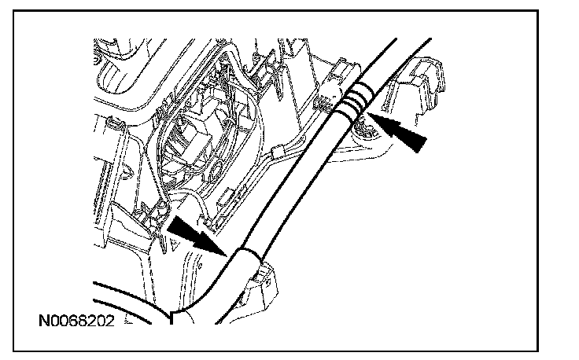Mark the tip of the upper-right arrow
370,119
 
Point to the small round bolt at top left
98,56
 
